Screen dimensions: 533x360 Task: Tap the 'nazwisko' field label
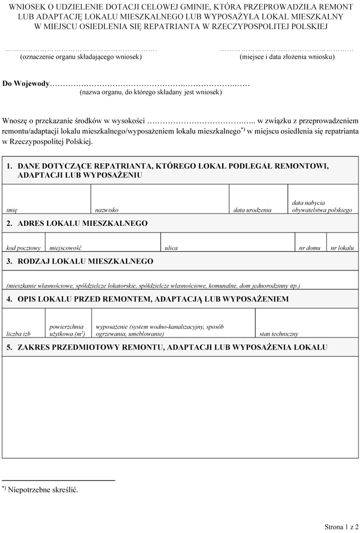pyautogui.click(x=106, y=210)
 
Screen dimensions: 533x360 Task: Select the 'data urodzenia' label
pyautogui.click(x=252, y=210)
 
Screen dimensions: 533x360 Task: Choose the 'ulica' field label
pyautogui.click(x=171, y=248)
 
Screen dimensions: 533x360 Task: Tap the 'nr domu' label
pyautogui.click(x=310, y=248)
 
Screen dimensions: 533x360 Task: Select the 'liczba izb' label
pyautogui.click(x=19, y=334)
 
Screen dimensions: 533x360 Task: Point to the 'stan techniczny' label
pyautogui.click(x=279, y=334)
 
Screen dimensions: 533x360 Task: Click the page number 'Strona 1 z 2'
pyautogui.click(x=341, y=526)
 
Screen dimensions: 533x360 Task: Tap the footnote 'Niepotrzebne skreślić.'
pyautogui.click(x=43, y=490)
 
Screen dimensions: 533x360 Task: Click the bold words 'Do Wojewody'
pyautogui.click(x=26, y=83)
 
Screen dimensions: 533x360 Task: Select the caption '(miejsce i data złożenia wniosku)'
pyautogui.click(x=287, y=57)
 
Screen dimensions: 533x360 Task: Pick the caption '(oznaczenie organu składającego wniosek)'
pyautogui.click(x=81, y=57)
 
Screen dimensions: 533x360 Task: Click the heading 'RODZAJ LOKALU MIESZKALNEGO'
pyautogui.click(x=85, y=261)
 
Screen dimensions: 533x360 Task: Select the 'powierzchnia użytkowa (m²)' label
pyautogui.click(x=67, y=330)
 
